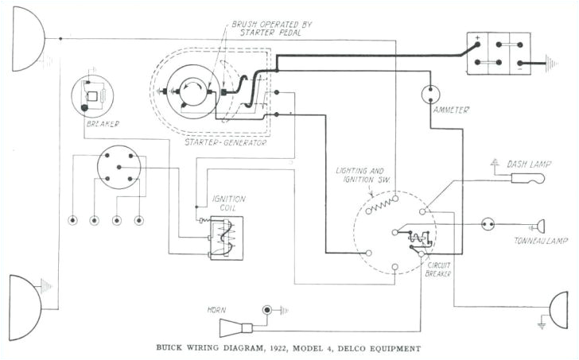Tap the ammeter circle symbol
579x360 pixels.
click(430, 95)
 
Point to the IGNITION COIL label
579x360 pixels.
click(228, 203)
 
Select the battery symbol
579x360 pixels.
click(498, 54)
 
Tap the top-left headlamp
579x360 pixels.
click(24, 39)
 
